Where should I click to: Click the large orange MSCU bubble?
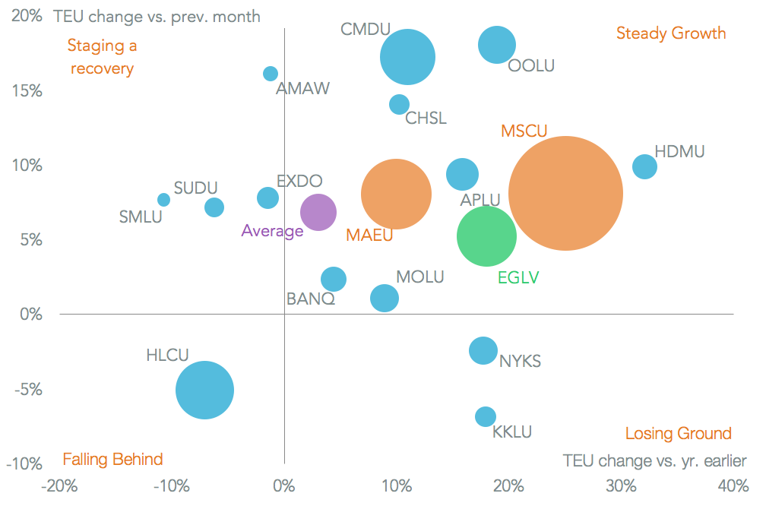(x=565, y=193)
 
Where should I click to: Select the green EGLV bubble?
(x=486, y=236)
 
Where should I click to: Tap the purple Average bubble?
(x=318, y=212)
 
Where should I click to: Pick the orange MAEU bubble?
(x=396, y=194)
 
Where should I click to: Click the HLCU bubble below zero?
(x=204, y=391)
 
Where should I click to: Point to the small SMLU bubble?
(x=163, y=200)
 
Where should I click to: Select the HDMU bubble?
(x=644, y=166)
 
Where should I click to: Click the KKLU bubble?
(x=486, y=416)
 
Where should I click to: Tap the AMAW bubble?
(x=270, y=74)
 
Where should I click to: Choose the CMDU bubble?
(x=408, y=57)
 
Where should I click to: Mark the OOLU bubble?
(x=497, y=45)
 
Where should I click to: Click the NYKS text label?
(x=520, y=362)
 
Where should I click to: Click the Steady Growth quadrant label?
(x=670, y=33)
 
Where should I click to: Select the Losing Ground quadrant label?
(x=678, y=434)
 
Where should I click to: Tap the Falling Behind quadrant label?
(x=112, y=459)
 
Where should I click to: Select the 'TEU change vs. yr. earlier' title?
(x=654, y=460)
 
